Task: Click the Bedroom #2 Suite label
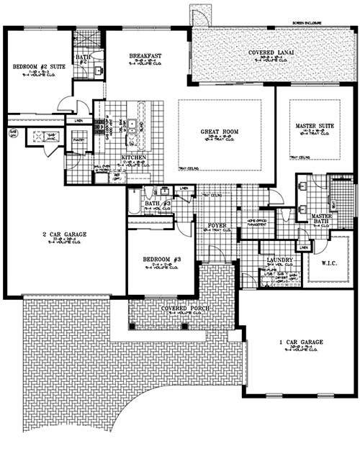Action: (35, 67)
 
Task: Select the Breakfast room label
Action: (144, 55)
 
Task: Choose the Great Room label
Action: (220, 132)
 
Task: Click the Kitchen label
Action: (134, 157)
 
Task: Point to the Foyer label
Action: (217, 226)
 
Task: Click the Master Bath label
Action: (320, 219)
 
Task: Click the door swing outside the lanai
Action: (197, 15)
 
